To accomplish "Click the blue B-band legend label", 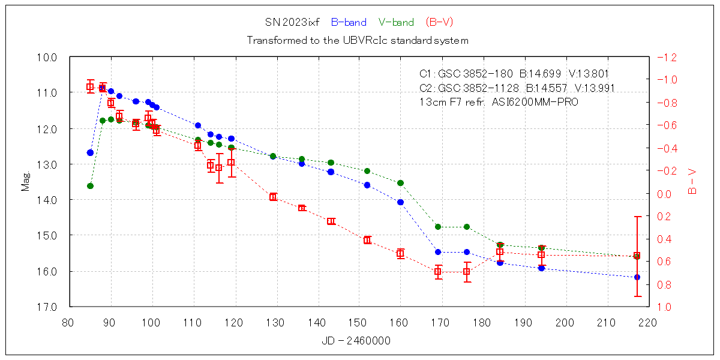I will tap(348, 23).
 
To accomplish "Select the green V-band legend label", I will tap(396, 23).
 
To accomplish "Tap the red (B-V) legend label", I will tap(439, 23).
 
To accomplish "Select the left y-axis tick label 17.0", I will tap(48, 307).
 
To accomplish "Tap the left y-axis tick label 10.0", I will tap(48, 58).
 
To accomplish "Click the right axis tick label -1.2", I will tap(667, 58).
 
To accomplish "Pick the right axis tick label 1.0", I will tap(665, 307).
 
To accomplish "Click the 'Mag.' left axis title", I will tap(26, 182).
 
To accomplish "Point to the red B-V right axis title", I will tap(692, 182).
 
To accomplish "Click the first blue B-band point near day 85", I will tap(90, 153).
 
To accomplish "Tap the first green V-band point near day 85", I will tap(90, 186).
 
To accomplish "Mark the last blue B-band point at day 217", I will tap(637, 277).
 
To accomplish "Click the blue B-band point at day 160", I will tap(400, 202).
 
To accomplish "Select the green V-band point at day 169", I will tap(438, 227).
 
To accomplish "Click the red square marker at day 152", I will tap(367, 240).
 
